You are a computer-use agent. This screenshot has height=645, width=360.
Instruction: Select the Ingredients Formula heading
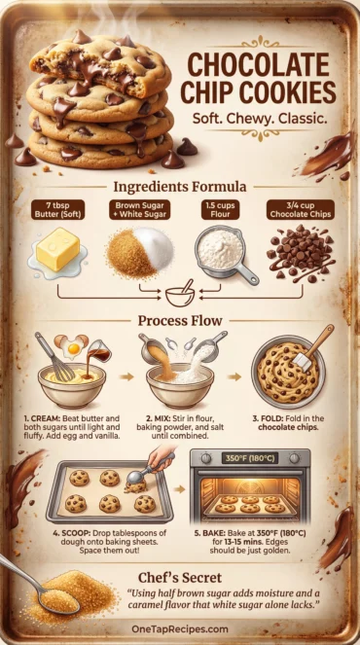click(180, 187)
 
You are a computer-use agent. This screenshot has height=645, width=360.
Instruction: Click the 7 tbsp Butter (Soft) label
click(57, 209)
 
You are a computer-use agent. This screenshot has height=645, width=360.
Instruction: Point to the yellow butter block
click(58, 248)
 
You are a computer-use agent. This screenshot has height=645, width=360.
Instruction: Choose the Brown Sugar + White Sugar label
click(139, 209)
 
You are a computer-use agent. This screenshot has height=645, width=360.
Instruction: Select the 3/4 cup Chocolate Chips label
click(301, 209)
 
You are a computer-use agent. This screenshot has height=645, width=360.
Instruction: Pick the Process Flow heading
click(180, 320)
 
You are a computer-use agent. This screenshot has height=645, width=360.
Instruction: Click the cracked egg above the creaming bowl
click(73, 346)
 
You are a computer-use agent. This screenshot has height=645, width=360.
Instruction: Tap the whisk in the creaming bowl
click(55, 357)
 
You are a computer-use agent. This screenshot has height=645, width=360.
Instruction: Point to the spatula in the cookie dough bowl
click(311, 348)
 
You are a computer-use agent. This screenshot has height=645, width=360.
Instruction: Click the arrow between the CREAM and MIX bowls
click(128, 376)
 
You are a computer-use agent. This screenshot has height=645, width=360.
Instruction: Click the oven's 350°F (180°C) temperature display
click(249, 457)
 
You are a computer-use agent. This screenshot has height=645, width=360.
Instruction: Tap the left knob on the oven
click(206, 458)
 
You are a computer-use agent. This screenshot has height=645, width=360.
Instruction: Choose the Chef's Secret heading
click(180, 578)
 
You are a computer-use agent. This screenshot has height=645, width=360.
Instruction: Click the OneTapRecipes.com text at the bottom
click(180, 629)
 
